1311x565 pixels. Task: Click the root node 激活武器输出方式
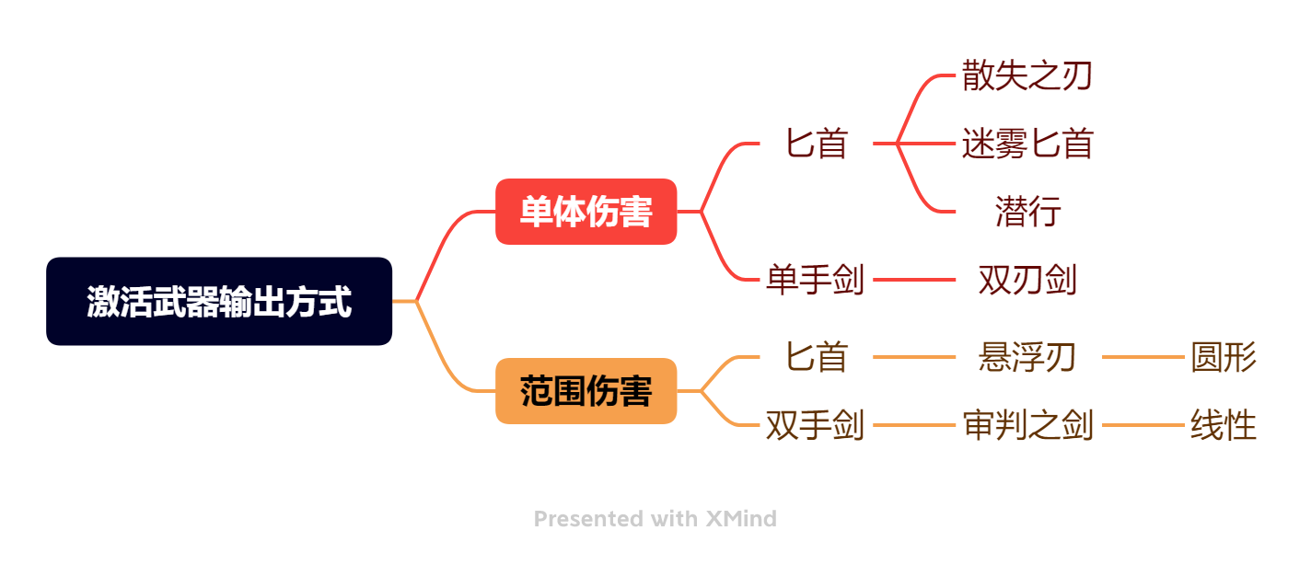(x=219, y=301)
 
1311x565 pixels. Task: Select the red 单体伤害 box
(x=586, y=211)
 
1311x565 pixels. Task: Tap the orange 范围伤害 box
(x=586, y=391)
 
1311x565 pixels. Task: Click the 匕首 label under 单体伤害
(x=817, y=144)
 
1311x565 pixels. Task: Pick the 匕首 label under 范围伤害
(x=817, y=357)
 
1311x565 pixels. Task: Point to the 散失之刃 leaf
(x=1027, y=75)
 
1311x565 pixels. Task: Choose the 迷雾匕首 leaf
(x=1027, y=144)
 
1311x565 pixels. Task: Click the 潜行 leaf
(x=1027, y=211)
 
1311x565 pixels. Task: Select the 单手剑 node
(x=816, y=280)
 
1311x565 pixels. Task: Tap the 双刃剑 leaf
(x=1027, y=280)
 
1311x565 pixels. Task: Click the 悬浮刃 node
(x=1027, y=357)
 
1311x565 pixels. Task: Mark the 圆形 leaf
(x=1224, y=357)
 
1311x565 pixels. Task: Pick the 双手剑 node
(x=816, y=425)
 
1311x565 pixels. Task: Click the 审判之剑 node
(x=1027, y=425)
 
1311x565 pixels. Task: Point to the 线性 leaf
(x=1224, y=425)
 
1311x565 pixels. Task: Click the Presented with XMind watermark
(x=655, y=519)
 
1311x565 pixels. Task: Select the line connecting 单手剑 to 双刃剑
(x=914, y=280)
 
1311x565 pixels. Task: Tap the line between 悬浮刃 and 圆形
(x=1143, y=357)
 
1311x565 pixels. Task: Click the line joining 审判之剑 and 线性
(x=1143, y=425)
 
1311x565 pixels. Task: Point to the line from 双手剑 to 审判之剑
(x=914, y=425)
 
